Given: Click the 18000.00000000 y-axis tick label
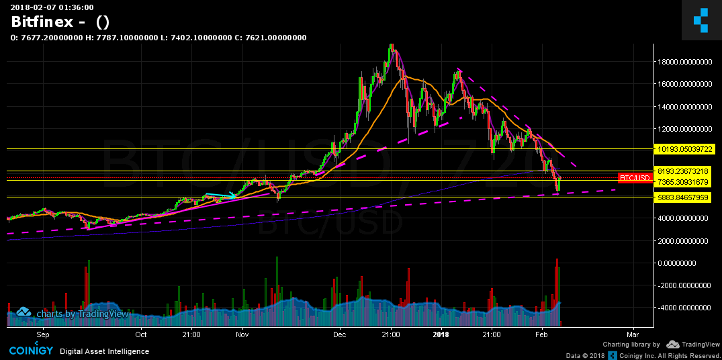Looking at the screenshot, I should (x=684, y=62).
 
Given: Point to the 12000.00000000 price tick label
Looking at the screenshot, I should (x=684, y=129).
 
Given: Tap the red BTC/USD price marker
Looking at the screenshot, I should (x=635, y=178).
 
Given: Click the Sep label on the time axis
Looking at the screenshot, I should (x=43, y=334).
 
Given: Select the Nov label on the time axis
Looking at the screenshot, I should (x=242, y=334).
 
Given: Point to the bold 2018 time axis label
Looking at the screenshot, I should (x=441, y=334).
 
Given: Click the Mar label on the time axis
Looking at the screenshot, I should (x=632, y=334).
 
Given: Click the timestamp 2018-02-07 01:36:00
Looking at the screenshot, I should (x=52, y=7).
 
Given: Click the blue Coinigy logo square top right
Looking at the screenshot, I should (x=701, y=19).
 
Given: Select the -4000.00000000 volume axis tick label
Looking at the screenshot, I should (x=683, y=308).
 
